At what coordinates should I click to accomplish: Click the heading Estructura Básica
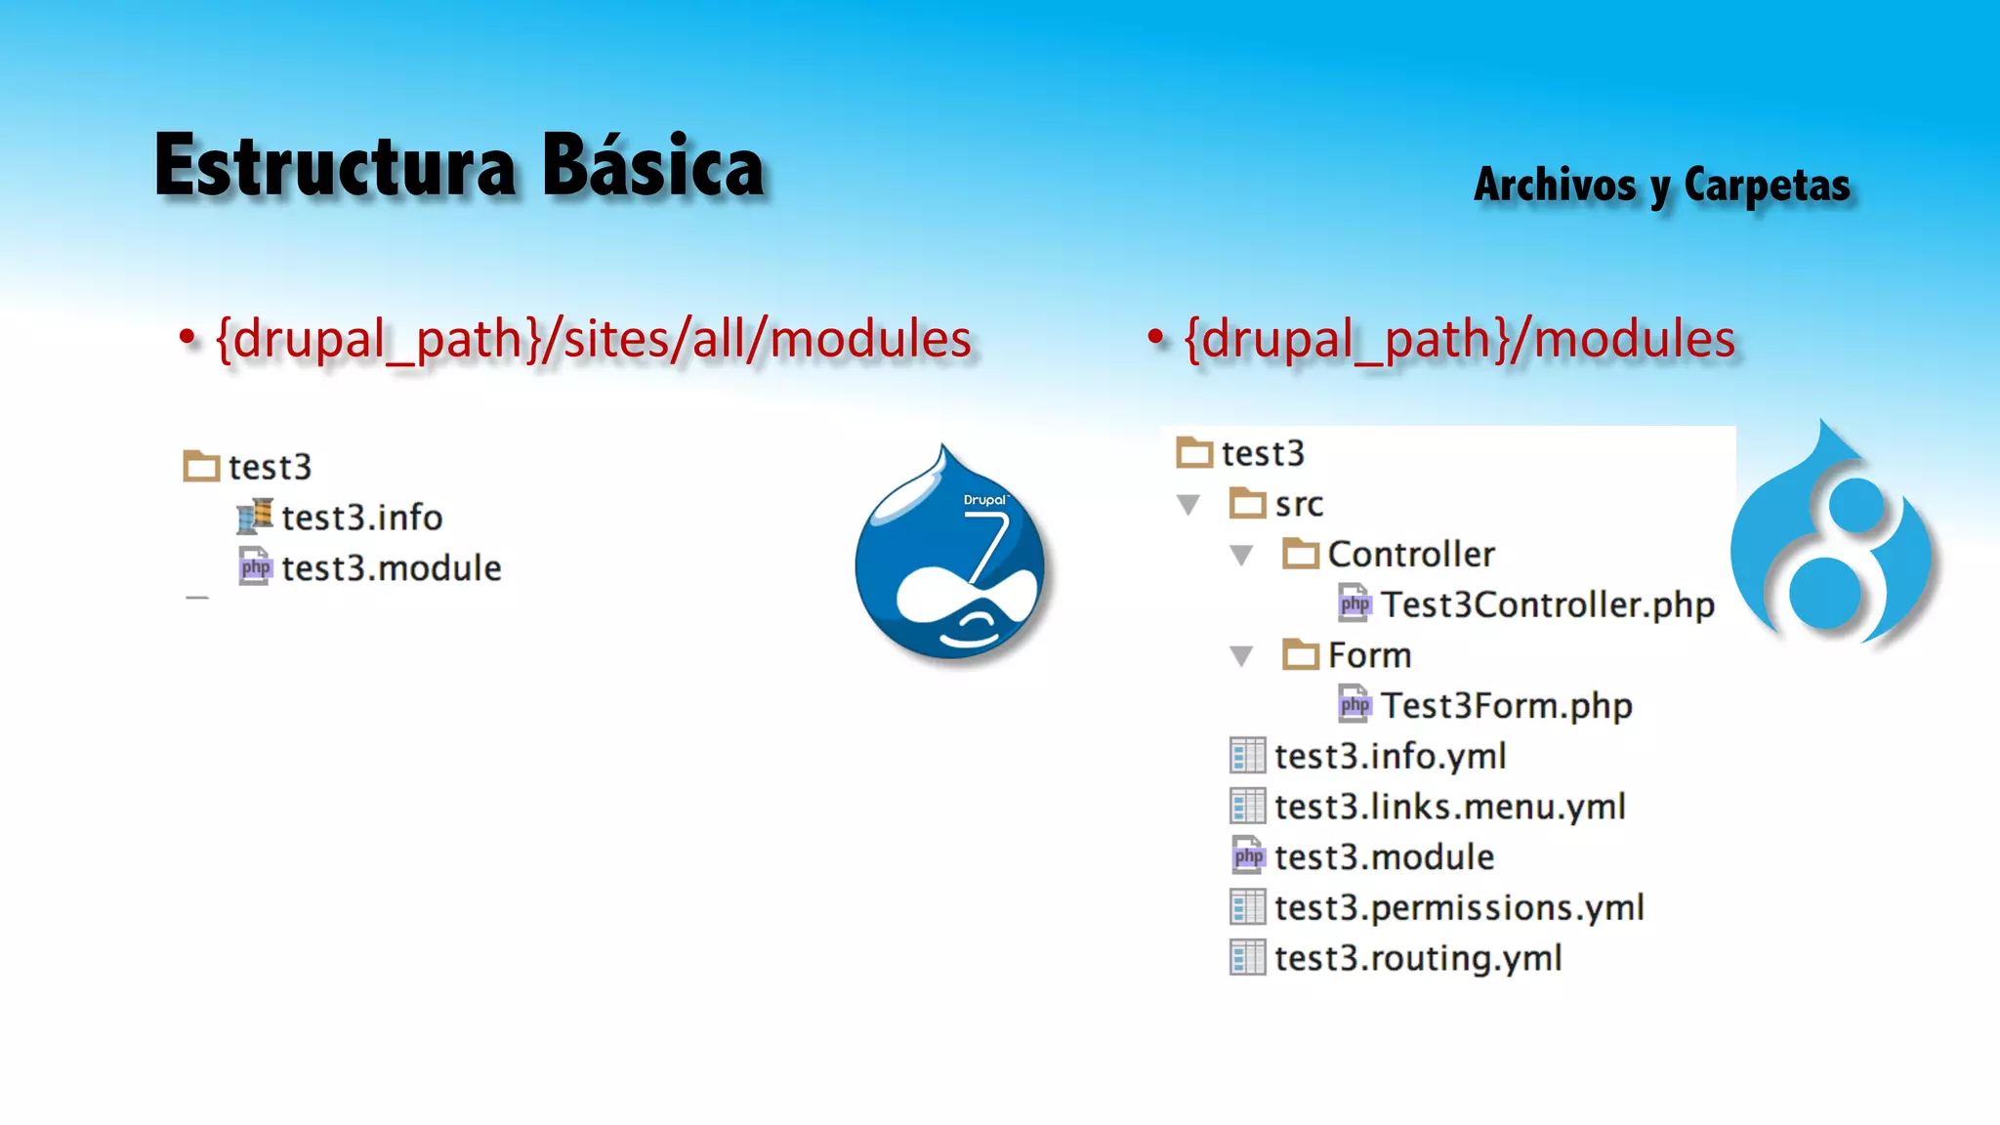(459, 166)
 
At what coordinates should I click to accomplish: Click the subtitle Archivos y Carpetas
(1661, 186)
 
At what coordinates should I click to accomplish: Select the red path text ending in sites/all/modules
(593, 339)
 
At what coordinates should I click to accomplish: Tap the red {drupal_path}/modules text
(1459, 339)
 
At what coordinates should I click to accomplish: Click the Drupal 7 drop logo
(950, 557)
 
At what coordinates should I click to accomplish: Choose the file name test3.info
(361, 518)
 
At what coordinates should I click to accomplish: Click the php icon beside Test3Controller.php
(1354, 604)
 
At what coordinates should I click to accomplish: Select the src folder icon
(1247, 504)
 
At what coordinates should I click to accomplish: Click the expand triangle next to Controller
(1241, 556)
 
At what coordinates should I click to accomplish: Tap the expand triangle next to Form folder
(1241, 656)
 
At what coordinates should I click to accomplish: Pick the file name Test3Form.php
(1506, 705)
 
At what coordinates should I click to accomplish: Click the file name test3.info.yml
(1390, 756)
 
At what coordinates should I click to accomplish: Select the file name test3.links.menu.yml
(1449, 807)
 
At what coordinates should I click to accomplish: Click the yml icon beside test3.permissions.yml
(1247, 907)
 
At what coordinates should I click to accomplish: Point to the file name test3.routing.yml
(1418, 958)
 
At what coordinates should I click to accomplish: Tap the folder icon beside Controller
(1300, 555)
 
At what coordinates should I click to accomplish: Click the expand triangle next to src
(1188, 505)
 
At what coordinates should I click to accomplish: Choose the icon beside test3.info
(255, 517)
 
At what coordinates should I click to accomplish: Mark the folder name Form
(1369, 655)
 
